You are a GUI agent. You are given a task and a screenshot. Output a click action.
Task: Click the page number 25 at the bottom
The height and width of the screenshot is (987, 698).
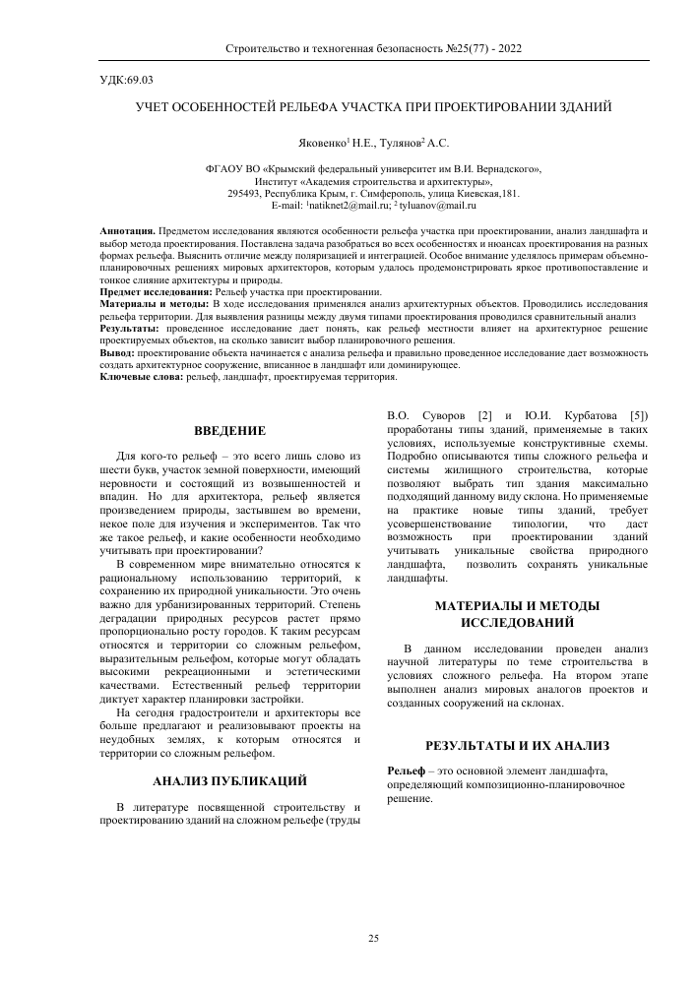(373, 939)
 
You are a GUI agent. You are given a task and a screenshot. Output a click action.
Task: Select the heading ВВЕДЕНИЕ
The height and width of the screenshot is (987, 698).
(229, 431)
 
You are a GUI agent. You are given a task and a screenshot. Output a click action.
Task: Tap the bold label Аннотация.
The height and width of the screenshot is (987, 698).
(127, 229)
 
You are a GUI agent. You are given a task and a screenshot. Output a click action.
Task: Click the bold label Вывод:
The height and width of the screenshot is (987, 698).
(118, 352)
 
